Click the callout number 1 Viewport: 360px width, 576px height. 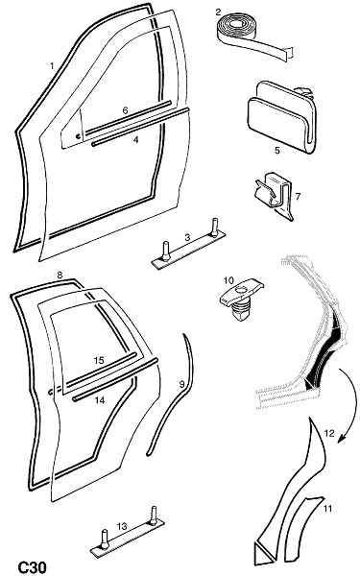pyautogui.click(x=52, y=66)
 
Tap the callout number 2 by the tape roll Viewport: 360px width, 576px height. pyautogui.click(x=218, y=12)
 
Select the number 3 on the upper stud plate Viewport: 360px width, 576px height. pyautogui.click(x=187, y=238)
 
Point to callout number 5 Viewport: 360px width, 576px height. pyautogui.click(x=277, y=151)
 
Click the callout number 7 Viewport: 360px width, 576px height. pyautogui.click(x=298, y=197)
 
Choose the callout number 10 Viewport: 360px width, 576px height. pyautogui.click(x=228, y=280)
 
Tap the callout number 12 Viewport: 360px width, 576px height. pyautogui.click(x=329, y=434)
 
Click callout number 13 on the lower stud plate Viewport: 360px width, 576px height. pyautogui.click(x=122, y=526)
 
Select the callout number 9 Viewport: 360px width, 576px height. pyautogui.click(x=181, y=384)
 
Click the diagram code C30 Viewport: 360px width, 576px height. pyautogui.click(x=33, y=567)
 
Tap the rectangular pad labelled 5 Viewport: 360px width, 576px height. pyautogui.click(x=281, y=117)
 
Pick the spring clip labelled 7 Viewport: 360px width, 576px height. pyautogui.click(x=275, y=195)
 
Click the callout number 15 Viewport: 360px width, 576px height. pyautogui.click(x=99, y=360)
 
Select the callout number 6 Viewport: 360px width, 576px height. pyautogui.click(x=125, y=110)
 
